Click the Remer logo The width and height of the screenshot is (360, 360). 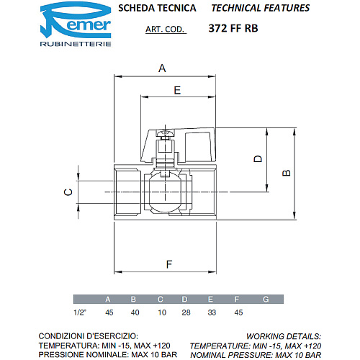coord(76,24)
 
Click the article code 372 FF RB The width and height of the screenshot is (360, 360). coord(233,28)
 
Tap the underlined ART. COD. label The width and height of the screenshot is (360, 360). coord(165,30)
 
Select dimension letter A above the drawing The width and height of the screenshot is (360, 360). coord(162,68)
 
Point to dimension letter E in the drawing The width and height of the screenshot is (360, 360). coord(177,90)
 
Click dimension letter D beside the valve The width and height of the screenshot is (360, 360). coord(258,159)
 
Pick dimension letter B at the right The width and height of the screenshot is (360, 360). coord(287,173)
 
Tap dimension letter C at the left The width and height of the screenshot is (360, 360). coord(68,192)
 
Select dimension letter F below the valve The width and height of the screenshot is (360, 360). coord(169,264)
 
